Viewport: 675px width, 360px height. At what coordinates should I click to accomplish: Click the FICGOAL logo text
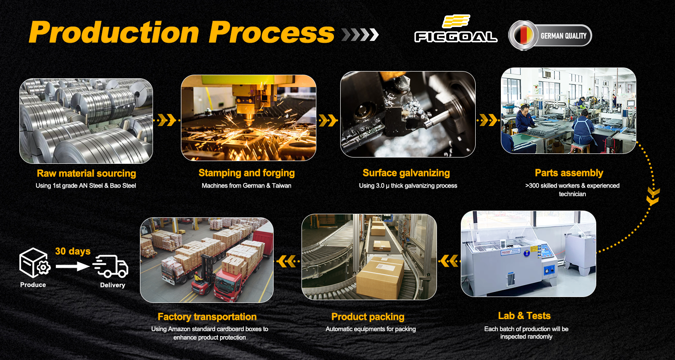coord(455,37)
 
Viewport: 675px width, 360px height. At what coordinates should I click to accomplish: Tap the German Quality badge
coord(550,35)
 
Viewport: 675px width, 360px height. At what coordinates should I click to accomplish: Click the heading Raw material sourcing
coord(86,174)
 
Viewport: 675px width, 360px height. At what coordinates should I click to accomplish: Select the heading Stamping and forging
coord(247,173)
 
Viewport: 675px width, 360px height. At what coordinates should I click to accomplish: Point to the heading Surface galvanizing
coord(406,173)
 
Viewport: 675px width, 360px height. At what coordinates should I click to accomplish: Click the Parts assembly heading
coord(569,173)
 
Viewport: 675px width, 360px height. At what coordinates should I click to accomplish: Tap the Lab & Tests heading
coord(524,316)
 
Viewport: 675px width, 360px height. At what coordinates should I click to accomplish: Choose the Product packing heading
coord(368,317)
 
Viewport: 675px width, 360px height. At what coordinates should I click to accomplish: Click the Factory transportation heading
coord(207,317)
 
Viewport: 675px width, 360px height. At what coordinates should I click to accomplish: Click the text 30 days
coord(72,251)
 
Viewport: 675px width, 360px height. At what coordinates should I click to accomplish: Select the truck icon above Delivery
coord(111,266)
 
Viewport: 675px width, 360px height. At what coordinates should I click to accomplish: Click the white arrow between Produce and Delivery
coord(72,266)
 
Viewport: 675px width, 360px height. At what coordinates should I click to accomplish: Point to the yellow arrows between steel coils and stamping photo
coord(166,120)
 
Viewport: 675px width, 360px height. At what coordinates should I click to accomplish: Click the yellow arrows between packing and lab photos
coord(449,261)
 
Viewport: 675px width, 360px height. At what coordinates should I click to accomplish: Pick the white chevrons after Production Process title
coord(360,35)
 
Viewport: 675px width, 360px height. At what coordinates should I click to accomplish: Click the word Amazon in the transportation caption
coord(180,329)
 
